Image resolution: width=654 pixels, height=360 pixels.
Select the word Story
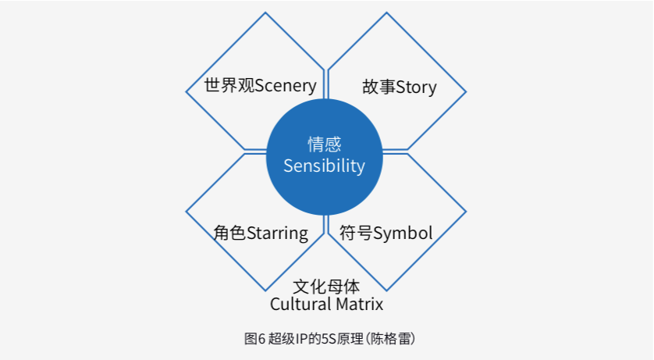tap(416, 87)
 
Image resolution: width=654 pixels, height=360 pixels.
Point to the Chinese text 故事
tap(379, 87)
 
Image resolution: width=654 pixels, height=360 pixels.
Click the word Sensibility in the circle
tap(324, 166)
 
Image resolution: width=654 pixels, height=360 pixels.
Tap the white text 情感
tap(324, 144)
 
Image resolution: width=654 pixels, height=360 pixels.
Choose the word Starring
tap(277, 233)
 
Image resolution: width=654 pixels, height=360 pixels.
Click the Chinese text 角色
tap(229, 233)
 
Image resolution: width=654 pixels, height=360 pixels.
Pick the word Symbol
tap(403, 233)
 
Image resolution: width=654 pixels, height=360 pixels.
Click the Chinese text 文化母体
tap(326, 287)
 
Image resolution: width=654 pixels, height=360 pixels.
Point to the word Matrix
tap(360, 304)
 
